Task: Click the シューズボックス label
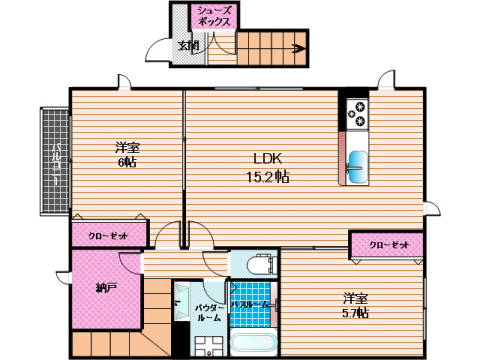tap(215, 14)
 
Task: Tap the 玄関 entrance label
tap(188, 45)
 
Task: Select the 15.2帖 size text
tap(269, 177)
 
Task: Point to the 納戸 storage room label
tap(105, 288)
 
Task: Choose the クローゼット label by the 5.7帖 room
tap(387, 245)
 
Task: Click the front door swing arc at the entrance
tap(158, 50)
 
